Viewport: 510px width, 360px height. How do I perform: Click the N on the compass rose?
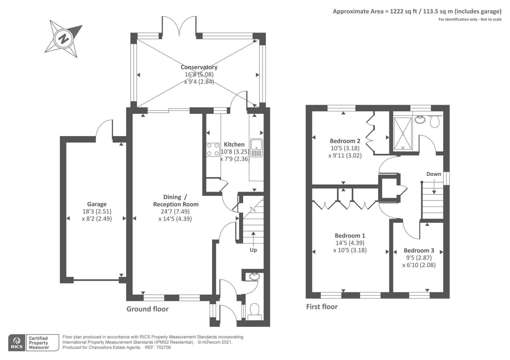click(x=63, y=39)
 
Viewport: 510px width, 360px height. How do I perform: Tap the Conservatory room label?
click(x=199, y=67)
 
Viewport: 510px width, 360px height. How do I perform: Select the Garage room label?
click(x=97, y=204)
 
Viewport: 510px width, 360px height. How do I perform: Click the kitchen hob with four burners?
click(x=213, y=149)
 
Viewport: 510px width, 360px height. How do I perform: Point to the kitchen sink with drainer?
click(x=256, y=148)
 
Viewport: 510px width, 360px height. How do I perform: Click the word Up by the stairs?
click(x=253, y=250)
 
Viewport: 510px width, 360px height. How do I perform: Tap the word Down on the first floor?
click(x=434, y=174)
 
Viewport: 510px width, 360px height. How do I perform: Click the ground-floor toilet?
click(x=255, y=312)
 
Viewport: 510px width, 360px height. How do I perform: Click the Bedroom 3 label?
click(x=419, y=250)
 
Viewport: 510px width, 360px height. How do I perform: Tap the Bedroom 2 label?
click(x=345, y=141)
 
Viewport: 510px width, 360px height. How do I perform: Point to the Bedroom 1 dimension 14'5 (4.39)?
click(x=350, y=243)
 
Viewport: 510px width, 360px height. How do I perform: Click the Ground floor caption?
click(x=148, y=309)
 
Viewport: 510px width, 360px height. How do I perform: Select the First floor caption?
click(x=322, y=307)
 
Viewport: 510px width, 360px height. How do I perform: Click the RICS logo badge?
click(x=17, y=343)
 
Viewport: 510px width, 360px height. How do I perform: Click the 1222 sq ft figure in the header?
click(x=404, y=11)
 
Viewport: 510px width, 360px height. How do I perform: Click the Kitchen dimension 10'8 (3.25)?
click(x=235, y=152)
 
